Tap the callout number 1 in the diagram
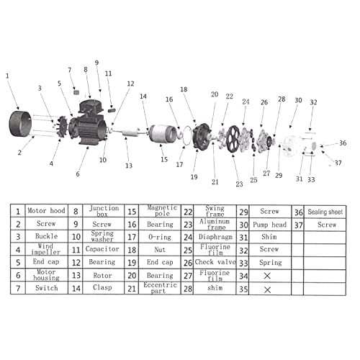pyautogui.click(x=7, y=76)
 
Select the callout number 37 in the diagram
pyautogui.click(x=338, y=163)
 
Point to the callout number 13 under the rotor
pyautogui.click(x=128, y=166)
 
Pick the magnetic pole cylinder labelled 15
pyautogui.click(x=164, y=135)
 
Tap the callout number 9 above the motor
pyautogui.click(x=96, y=63)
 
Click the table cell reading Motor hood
pyautogui.click(x=47, y=211)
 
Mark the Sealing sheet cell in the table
pyautogui.click(x=328, y=211)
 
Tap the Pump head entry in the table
pyautogui.click(x=270, y=224)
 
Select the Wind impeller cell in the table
pyautogui.click(x=47, y=250)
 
